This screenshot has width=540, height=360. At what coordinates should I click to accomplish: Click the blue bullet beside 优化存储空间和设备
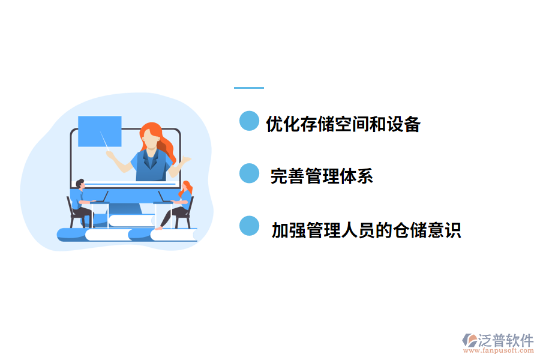tap(249, 121)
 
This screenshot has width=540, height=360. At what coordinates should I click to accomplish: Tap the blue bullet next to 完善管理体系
tap(249, 173)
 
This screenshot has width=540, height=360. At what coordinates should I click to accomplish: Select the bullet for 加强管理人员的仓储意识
tap(249, 226)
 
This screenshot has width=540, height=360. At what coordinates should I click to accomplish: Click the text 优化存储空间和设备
tap(343, 124)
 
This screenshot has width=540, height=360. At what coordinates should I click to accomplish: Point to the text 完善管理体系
tap(322, 176)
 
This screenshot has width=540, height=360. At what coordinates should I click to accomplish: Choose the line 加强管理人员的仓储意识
tap(366, 230)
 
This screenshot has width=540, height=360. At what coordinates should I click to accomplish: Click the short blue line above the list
tap(248, 88)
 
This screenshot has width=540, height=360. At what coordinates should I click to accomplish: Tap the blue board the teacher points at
tap(100, 131)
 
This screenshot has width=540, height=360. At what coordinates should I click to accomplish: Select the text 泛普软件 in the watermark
tap(505, 340)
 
